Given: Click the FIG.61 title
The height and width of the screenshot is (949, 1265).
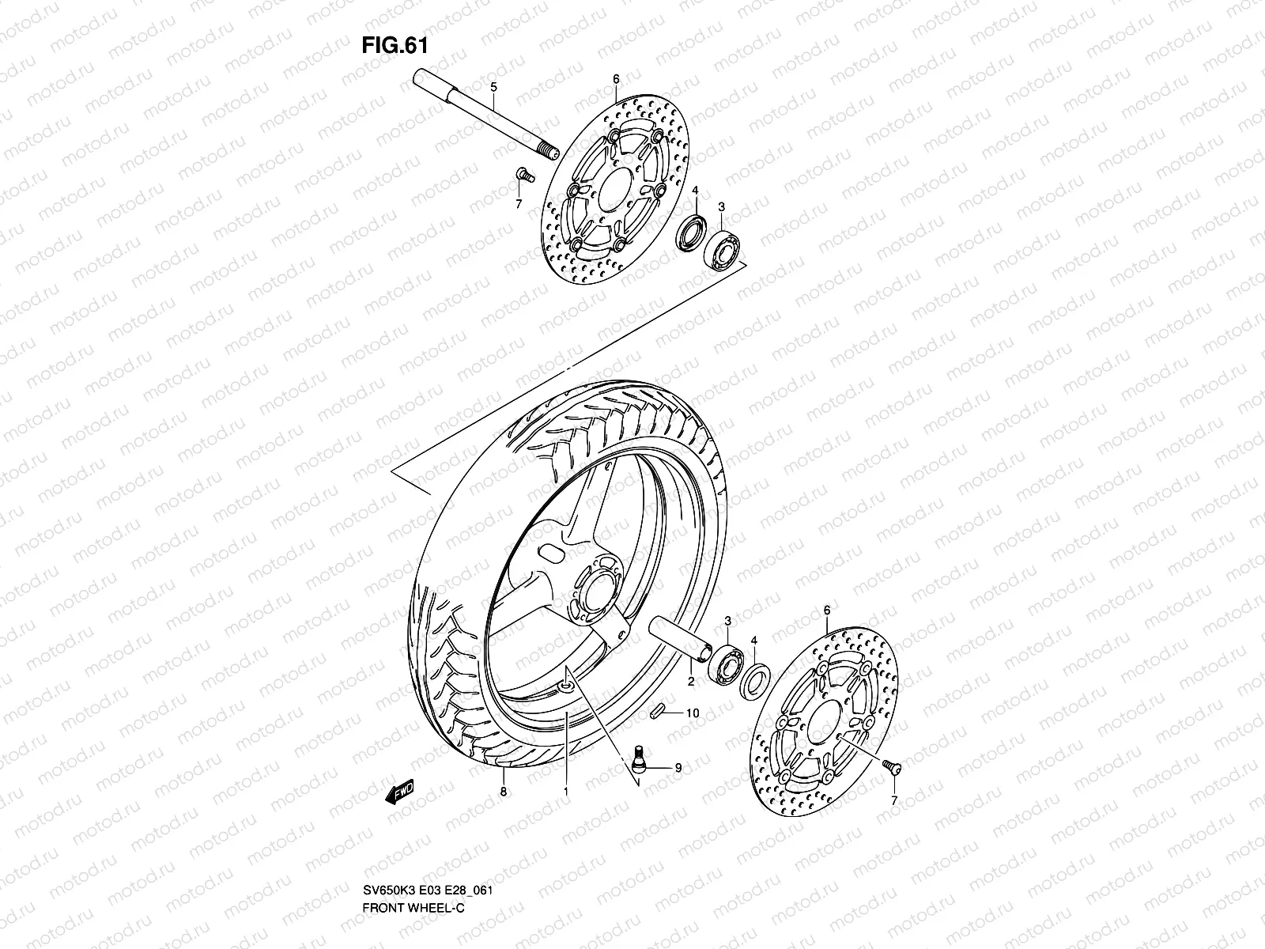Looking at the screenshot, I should click(x=395, y=46).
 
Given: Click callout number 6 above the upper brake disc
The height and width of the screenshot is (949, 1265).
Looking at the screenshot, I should click(x=616, y=78).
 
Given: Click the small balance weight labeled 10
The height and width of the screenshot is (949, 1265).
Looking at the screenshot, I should click(x=654, y=713).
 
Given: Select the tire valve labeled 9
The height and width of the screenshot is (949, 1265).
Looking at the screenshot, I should click(x=639, y=757).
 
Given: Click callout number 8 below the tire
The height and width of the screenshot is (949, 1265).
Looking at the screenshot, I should click(x=503, y=790).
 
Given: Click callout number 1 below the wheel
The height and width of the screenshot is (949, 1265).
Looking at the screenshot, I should click(x=566, y=790).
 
